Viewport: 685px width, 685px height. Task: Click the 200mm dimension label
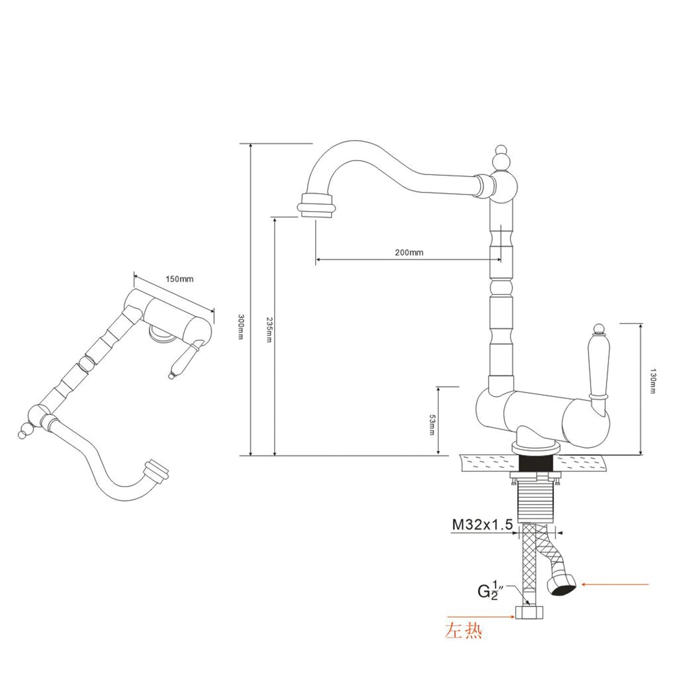pyautogui.click(x=409, y=252)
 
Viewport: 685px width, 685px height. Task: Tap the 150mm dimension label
pyautogui.click(x=179, y=279)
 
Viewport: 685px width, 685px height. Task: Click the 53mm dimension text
pyautogui.click(x=432, y=425)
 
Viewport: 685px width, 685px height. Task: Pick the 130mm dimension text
pyautogui.click(x=653, y=381)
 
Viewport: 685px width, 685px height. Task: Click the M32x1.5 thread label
pyautogui.click(x=482, y=524)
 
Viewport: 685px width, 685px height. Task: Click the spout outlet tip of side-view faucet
pyautogui.click(x=317, y=209)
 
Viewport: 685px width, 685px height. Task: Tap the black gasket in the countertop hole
pyautogui.click(x=537, y=462)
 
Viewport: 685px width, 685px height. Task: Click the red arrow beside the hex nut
pyautogui.click(x=479, y=617)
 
